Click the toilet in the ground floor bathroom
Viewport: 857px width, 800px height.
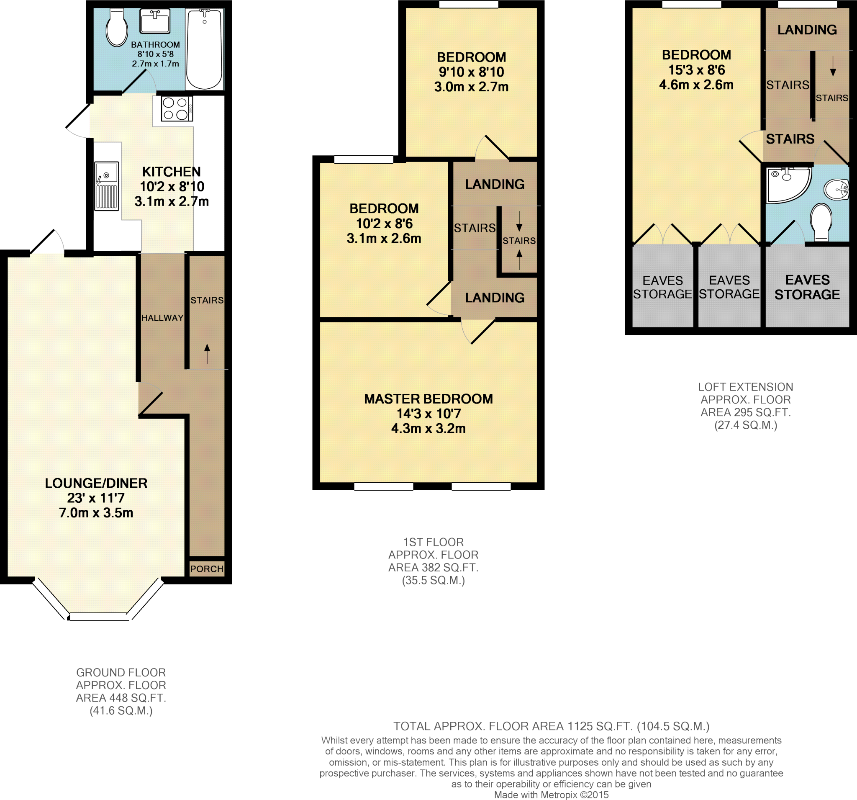(117, 28)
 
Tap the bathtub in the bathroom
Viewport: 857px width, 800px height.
(204, 49)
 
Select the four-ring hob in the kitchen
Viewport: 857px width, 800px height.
(176, 108)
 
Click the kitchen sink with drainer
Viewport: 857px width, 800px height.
(106, 186)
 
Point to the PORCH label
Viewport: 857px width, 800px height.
(207, 569)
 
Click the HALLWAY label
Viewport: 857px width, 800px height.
(162, 318)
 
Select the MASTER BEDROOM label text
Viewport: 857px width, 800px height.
(428, 399)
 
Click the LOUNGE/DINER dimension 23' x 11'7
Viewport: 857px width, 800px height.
(96, 498)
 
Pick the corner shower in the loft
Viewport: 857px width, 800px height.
(787, 185)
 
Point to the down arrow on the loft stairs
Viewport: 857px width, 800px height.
(833, 66)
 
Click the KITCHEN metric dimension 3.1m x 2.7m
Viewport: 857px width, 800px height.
(172, 201)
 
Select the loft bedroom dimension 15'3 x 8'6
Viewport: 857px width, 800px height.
(697, 70)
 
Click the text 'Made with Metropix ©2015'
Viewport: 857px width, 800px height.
(552, 795)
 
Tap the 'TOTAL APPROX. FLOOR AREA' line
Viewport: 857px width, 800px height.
(552, 726)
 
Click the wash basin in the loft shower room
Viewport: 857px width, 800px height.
(836, 189)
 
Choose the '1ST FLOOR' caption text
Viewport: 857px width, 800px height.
(433, 542)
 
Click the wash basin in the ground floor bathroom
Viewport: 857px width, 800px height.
(155, 21)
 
